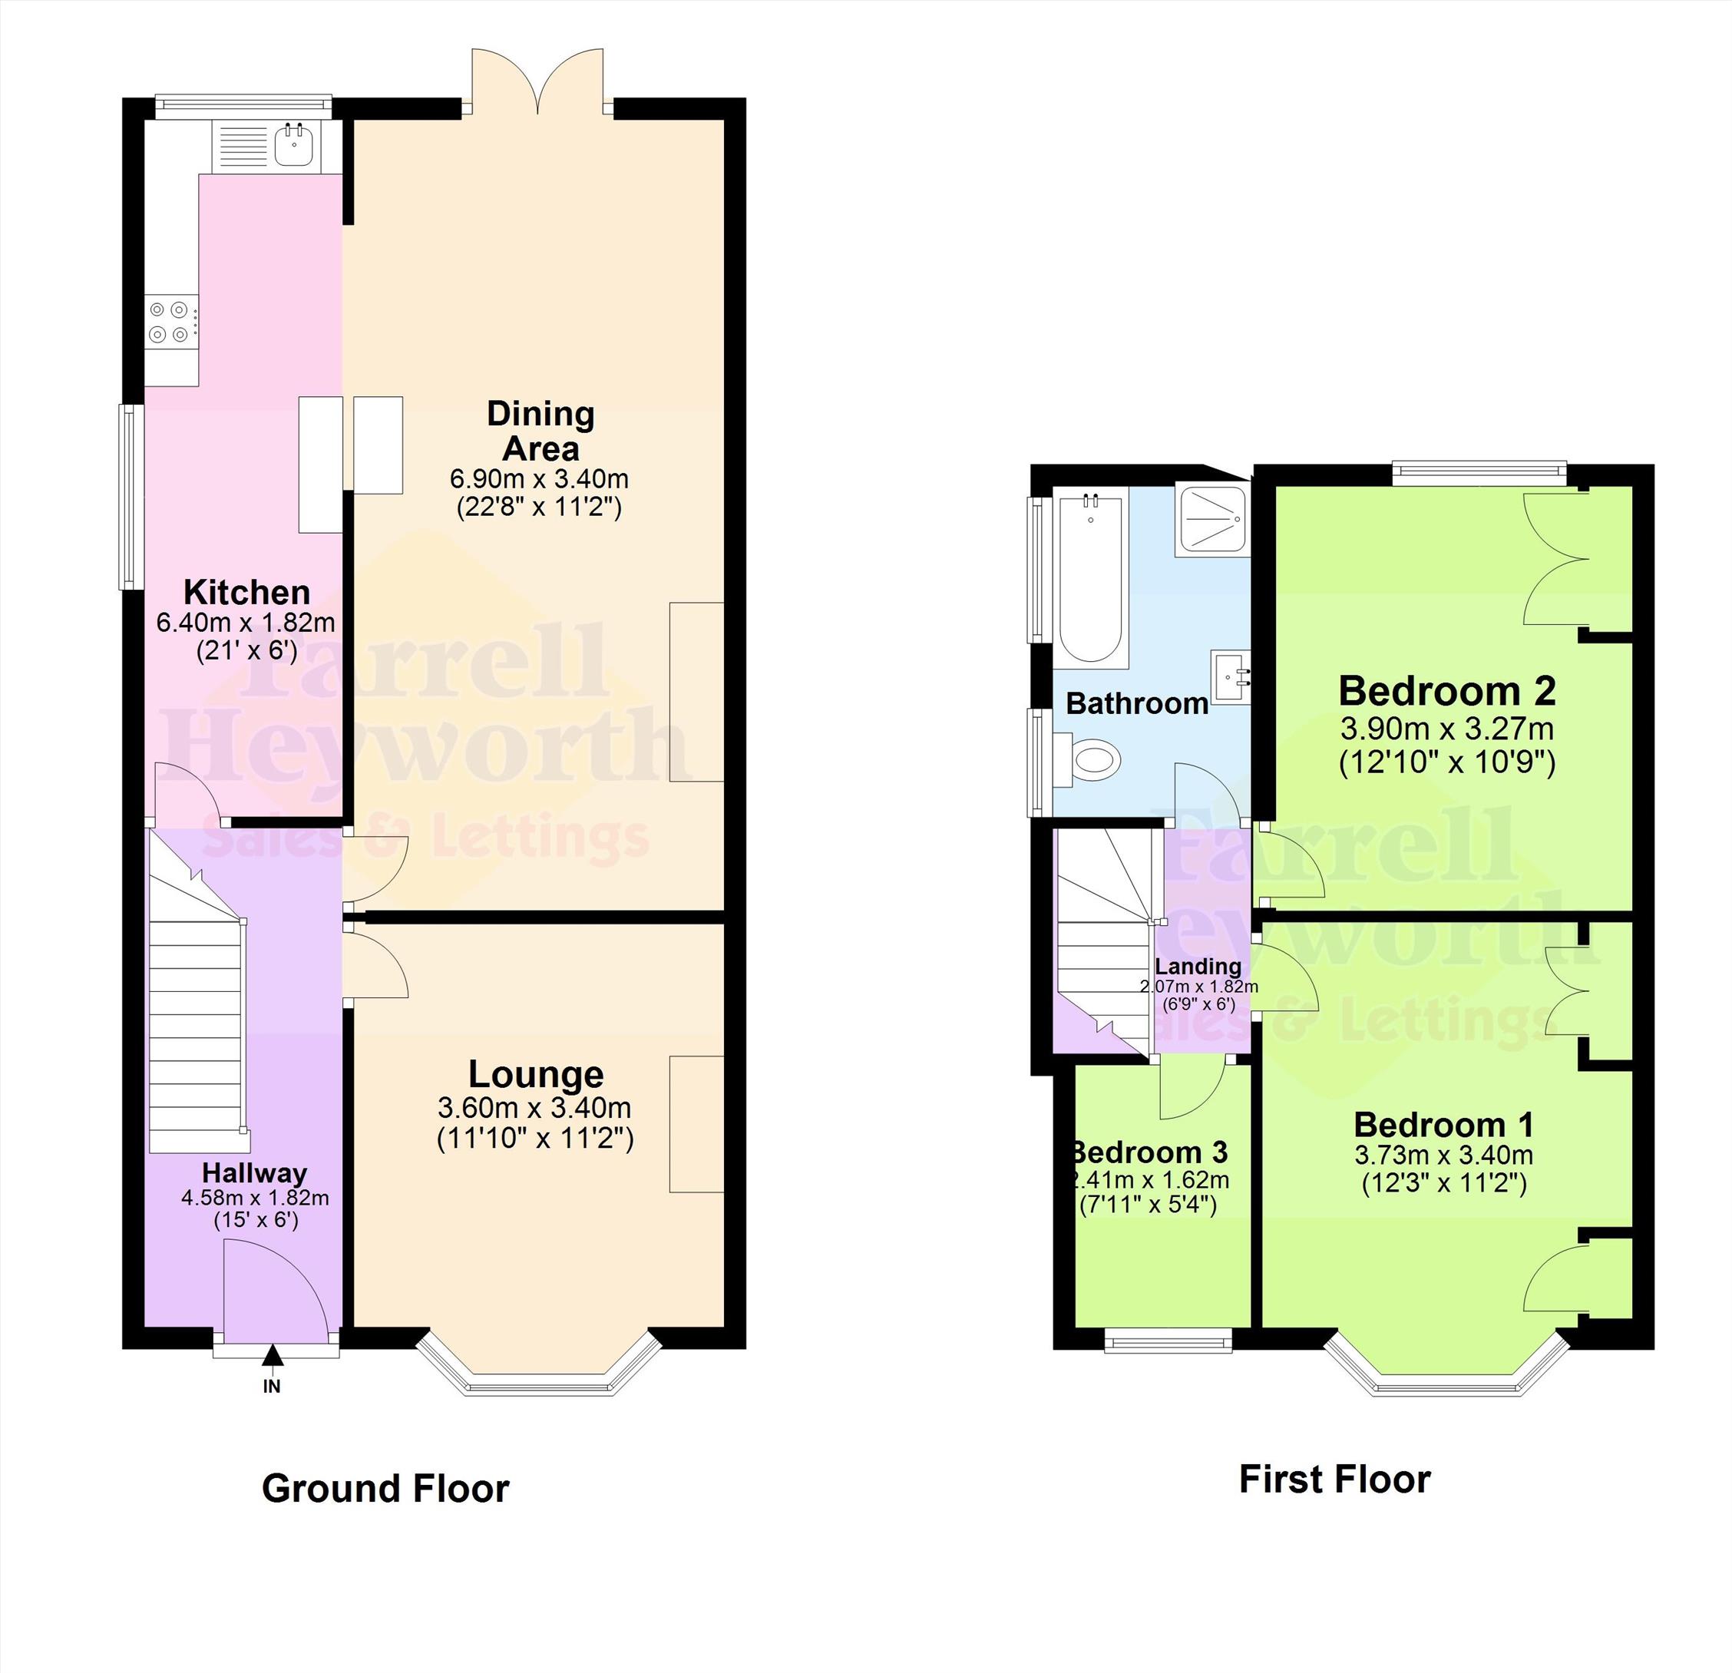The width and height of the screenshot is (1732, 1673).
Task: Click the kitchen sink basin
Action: click(293, 147)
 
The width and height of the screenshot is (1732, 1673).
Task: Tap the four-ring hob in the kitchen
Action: click(170, 322)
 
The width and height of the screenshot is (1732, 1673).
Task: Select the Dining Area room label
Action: click(540, 431)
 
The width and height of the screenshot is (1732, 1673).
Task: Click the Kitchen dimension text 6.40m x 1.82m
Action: click(246, 622)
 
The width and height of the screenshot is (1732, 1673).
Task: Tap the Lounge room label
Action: click(536, 1074)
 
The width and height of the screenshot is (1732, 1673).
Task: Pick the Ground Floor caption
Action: click(385, 1488)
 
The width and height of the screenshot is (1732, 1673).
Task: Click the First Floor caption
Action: click(1334, 1480)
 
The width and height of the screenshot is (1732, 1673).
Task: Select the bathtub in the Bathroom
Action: click(1093, 579)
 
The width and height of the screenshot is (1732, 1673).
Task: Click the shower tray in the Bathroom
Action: click(1211, 521)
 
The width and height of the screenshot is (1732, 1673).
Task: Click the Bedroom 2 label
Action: click(1446, 691)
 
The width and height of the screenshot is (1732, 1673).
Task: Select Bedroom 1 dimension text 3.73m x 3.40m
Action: click(1444, 1155)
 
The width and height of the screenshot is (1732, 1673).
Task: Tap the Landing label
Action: click(1198, 967)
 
